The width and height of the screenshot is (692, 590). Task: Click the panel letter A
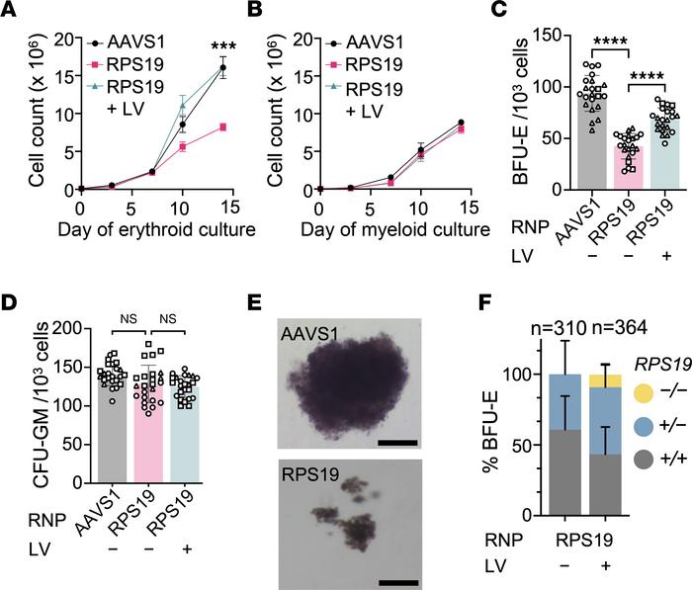pyautogui.click(x=12, y=12)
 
